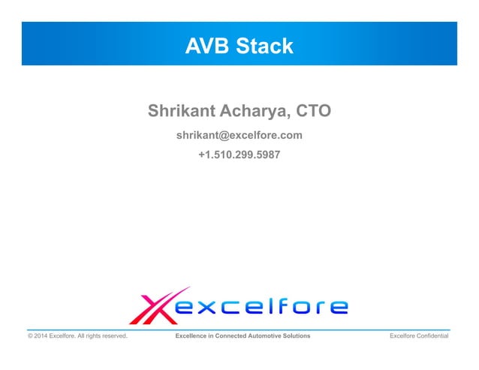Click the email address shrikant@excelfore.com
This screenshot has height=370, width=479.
pos(239,136)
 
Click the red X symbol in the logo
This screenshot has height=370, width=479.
pos(152,306)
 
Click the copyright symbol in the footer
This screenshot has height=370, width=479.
pos(31,336)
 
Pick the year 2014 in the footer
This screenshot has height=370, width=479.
pos(42,336)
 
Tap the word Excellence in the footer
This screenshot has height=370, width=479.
pos(192,336)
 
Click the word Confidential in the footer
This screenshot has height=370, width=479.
pos(432,336)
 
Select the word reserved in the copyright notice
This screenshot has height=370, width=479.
pos(112,336)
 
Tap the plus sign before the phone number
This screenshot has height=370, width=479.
pos(200,156)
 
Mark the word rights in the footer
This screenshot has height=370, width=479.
pos(90,336)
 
